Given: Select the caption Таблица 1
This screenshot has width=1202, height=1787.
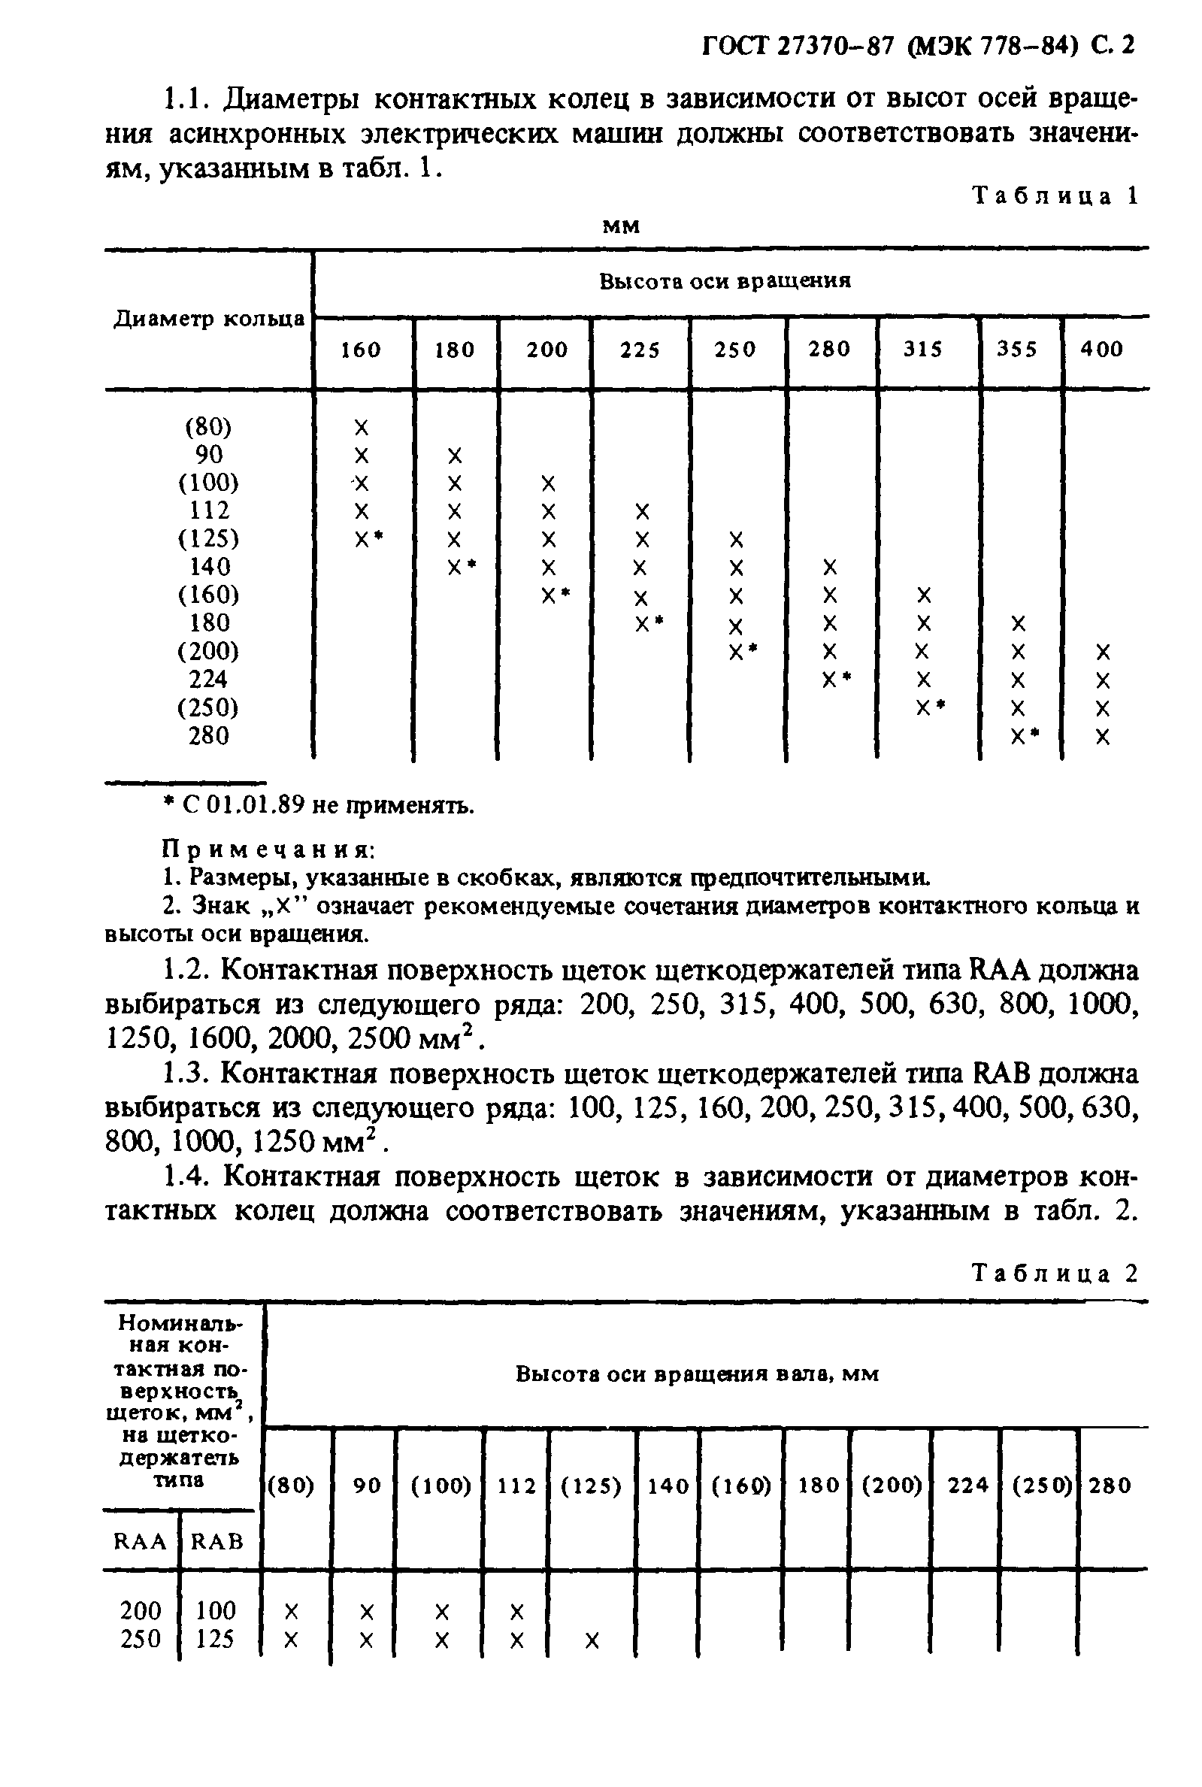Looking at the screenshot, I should [1055, 196].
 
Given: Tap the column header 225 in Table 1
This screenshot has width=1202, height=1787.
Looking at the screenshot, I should [640, 350].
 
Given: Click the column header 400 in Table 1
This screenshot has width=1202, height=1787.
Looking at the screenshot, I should [1101, 350].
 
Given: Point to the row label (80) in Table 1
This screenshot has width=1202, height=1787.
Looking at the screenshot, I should [208, 426].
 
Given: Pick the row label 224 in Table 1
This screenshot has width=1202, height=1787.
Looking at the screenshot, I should [208, 679].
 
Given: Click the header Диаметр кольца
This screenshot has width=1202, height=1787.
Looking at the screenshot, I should [209, 319].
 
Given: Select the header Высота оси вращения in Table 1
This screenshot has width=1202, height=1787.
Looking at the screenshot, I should [725, 281].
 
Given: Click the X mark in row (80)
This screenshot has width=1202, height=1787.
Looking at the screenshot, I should [362, 427].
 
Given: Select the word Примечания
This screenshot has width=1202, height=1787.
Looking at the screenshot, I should [268, 849].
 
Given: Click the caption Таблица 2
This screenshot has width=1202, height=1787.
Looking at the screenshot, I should [1055, 1274].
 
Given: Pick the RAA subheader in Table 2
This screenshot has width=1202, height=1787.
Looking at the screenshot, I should [141, 1541].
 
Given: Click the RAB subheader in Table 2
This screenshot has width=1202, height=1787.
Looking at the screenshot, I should [217, 1541].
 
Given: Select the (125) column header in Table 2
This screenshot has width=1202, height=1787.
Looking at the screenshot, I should [591, 1486].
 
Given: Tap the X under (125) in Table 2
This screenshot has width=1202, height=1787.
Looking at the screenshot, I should [592, 1640].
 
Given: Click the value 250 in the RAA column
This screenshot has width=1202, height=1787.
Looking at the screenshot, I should [141, 1639].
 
